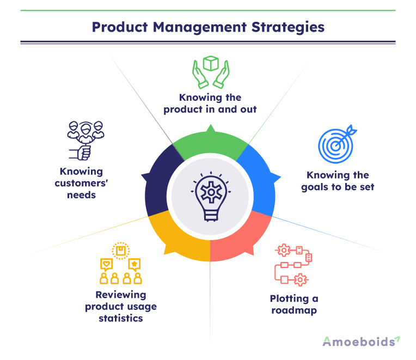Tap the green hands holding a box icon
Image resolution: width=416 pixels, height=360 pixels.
pos(211,72)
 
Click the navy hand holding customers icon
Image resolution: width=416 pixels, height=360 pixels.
pos(85,140)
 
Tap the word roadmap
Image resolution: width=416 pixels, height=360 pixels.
pos(294,310)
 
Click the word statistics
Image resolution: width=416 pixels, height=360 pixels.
pos(121,318)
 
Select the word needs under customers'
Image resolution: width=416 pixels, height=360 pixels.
pos(81,194)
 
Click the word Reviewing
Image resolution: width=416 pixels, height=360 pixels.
pos(121,295)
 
